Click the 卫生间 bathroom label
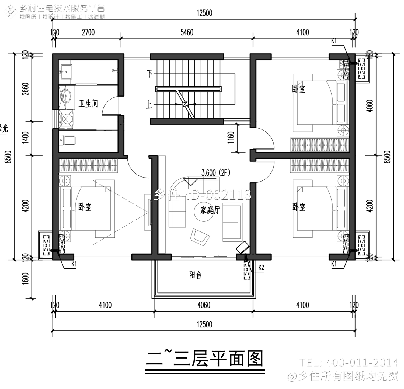click(x=88, y=103)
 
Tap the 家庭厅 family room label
click(x=210, y=210)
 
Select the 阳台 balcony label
click(x=195, y=275)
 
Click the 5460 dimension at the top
click(x=187, y=33)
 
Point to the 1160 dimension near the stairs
click(x=231, y=137)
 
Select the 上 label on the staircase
click(x=149, y=104)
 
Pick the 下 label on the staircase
click(x=149, y=74)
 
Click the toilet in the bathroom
click(x=67, y=140)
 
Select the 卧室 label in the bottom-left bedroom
click(x=85, y=207)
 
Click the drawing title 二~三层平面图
click(x=204, y=359)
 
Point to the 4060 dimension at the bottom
click(x=204, y=305)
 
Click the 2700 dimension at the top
click(x=88, y=33)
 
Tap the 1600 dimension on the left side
click(x=26, y=278)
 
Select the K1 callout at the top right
click(x=334, y=41)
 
